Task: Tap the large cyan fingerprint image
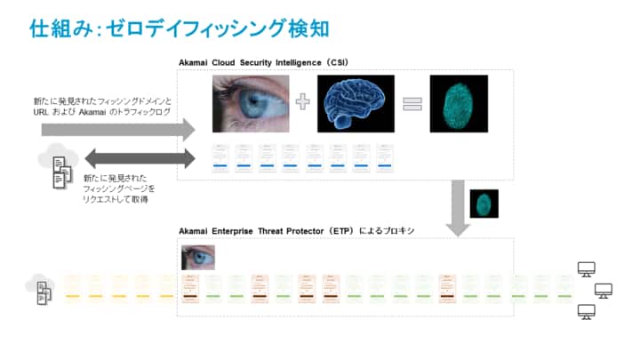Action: pyautogui.click(x=459, y=103)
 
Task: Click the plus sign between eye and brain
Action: pyautogui.click(x=303, y=102)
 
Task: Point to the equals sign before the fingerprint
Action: pyautogui.click(x=410, y=103)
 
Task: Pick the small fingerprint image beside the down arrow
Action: pyautogui.click(x=484, y=204)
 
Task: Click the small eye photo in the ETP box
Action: pyautogui.click(x=197, y=257)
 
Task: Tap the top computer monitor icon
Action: pyautogui.click(x=587, y=268)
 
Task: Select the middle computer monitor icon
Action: pyautogui.click(x=604, y=290)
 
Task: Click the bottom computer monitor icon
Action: pyautogui.click(x=587, y=310)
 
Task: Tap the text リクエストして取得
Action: pyautogui.click(x=116, y=200)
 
